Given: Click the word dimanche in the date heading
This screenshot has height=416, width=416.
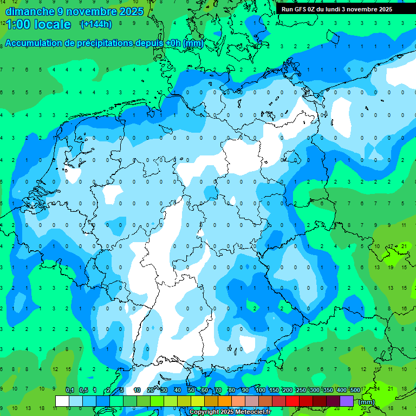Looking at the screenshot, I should tap(29, 11).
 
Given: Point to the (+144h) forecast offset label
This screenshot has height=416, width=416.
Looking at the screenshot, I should tap(95, 24).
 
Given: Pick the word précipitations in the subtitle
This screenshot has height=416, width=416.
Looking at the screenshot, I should tap(102, 43).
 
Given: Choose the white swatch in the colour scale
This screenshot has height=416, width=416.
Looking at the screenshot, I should tap(62, 401).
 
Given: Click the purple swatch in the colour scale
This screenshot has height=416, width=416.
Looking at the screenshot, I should tap(347, 401).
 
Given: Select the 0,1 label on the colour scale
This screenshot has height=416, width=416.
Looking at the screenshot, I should tap(70, 391).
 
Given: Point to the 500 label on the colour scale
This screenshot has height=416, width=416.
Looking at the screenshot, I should tap(355, 391).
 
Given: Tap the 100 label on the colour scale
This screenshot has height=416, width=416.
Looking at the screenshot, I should tap(261, 391).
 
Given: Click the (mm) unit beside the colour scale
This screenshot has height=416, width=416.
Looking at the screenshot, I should tap(367, 402).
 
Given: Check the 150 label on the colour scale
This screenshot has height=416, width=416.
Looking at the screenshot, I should tap(274, 391).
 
